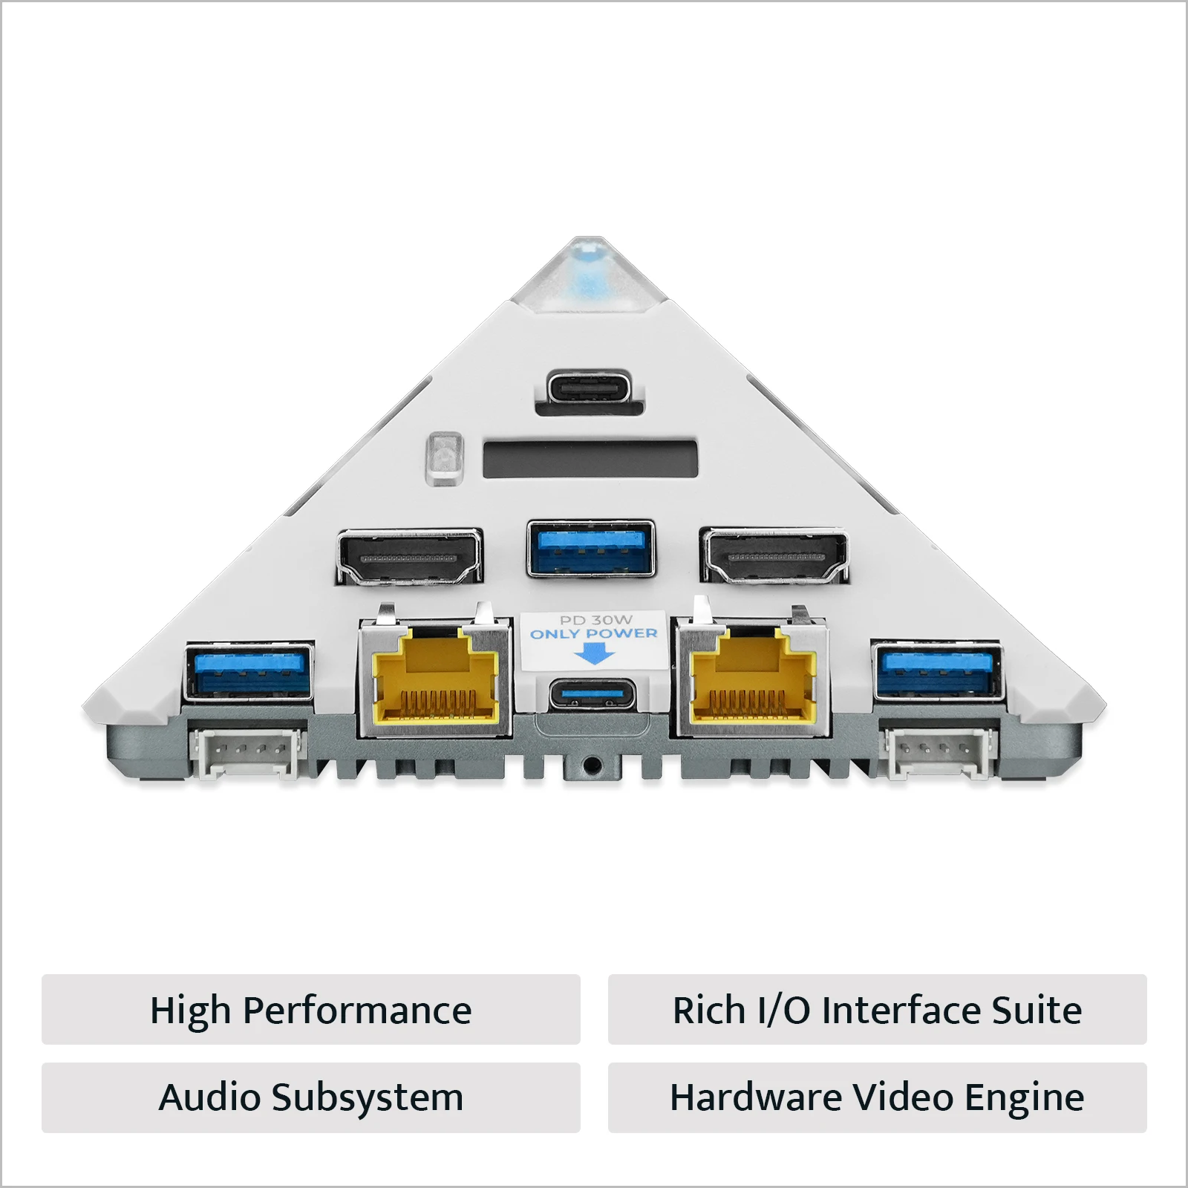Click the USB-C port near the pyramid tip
click(x=590, y=388)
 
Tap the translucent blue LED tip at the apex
click(x=590, y=272)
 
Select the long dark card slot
click(x=590, y=460)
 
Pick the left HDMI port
click(x=409, y=557)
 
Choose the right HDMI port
click(x=774, y=556)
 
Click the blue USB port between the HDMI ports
click(x=591, y=549)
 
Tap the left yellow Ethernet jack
click(x=435, y=673)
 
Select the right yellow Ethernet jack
click(x=751, y=673)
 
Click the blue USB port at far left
click(x=249, y=672)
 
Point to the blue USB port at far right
click(x=939, y=671)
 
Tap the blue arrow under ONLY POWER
click(x=595, y=653)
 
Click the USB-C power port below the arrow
click(x=593, y=696)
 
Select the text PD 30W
click(x=595, y=620)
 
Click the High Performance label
click(x=311, y=1010)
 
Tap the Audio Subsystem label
click(x=311, y=1097)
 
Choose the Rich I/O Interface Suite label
click(x=877, y=1010)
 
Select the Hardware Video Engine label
click(x=877, y=1097)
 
